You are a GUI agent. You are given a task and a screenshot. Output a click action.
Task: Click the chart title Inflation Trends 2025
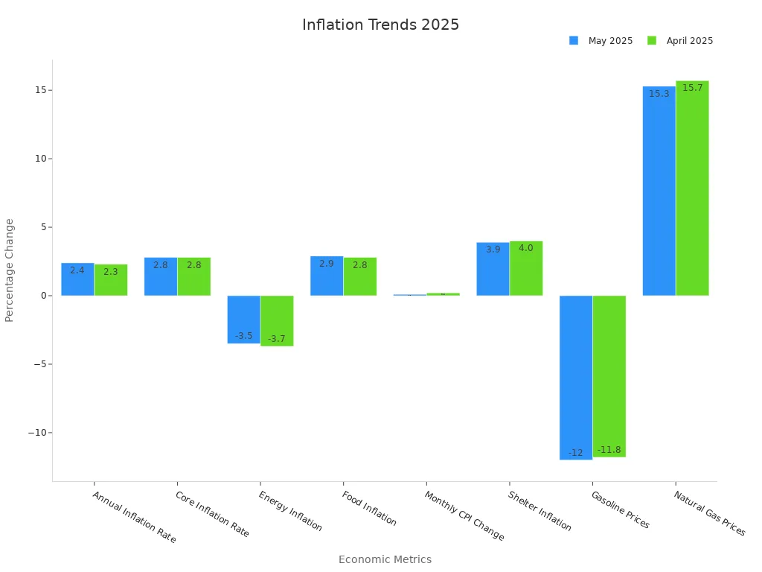click(x=380, y=25)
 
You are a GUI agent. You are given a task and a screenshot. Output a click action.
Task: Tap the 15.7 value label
click(x=692, y=88)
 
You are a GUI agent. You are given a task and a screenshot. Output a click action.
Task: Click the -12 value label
click(x=575, y=453)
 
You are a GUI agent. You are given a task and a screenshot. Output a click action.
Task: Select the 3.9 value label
click(x=493, y=250)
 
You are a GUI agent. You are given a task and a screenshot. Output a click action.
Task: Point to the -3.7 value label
click(x=276, y=339)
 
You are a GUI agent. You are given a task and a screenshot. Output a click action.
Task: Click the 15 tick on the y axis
click(x=40, y=90)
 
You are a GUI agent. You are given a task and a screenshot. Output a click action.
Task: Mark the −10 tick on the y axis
click(x=37, y=433)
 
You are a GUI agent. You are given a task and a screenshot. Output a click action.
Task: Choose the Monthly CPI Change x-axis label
click(x=464, y=515)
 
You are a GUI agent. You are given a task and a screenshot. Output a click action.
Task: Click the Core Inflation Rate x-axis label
click(x=212, y=514)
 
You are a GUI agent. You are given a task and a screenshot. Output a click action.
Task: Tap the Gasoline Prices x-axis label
click(x=620, y=509)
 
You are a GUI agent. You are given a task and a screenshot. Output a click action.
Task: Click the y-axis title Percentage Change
click(x=10, y=270)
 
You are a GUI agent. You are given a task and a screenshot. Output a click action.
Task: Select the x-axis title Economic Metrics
click(x=385, y=559)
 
